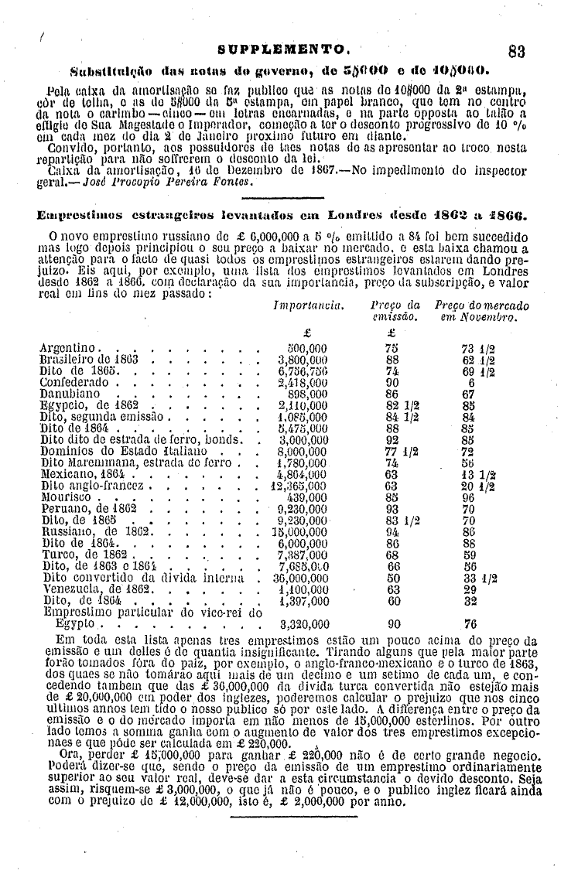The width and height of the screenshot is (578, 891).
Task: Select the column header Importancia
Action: click(x=307, y=306)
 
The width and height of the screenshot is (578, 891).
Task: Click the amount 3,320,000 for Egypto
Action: click(x=304, y=623)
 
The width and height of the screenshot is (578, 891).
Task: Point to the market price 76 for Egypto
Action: click(x=470, y=623)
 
